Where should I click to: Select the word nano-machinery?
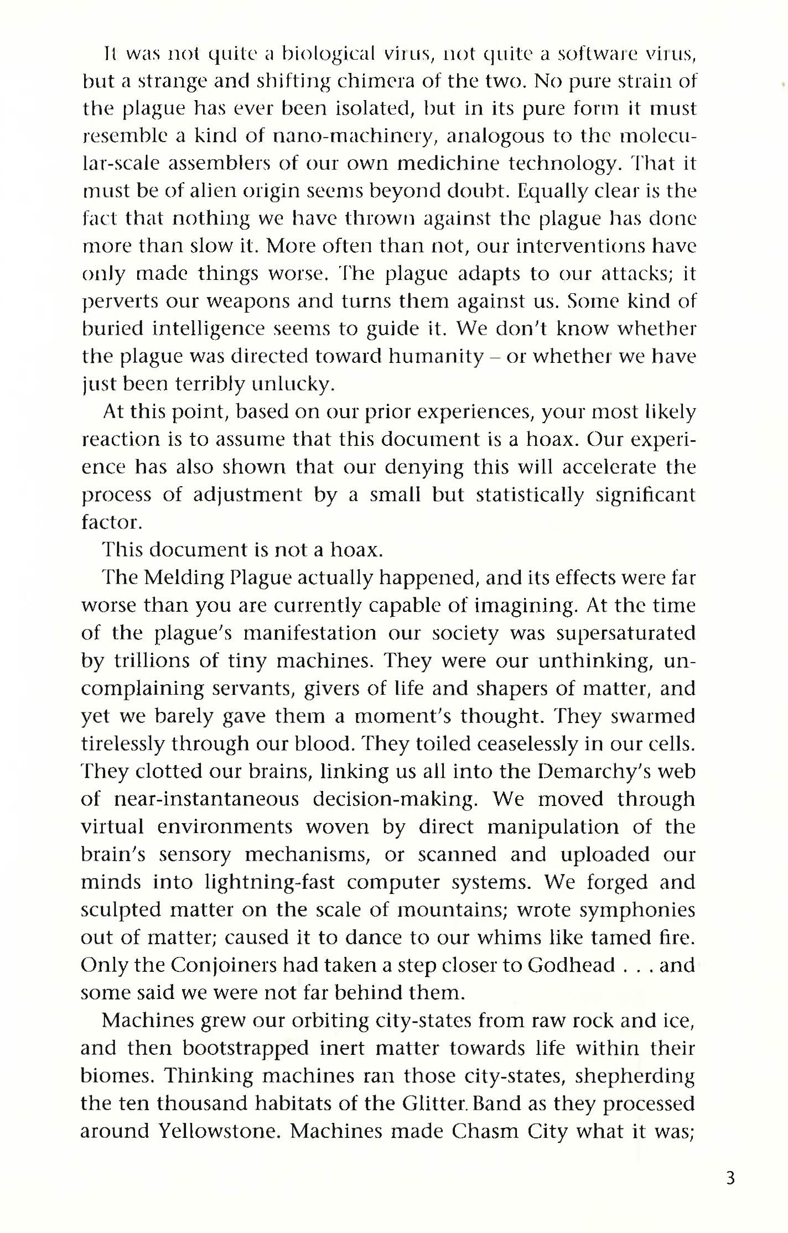pos(305,136)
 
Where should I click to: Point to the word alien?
pos(190,191)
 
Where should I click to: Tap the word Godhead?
pos(571,965)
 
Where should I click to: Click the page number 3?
pos(730,1178)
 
